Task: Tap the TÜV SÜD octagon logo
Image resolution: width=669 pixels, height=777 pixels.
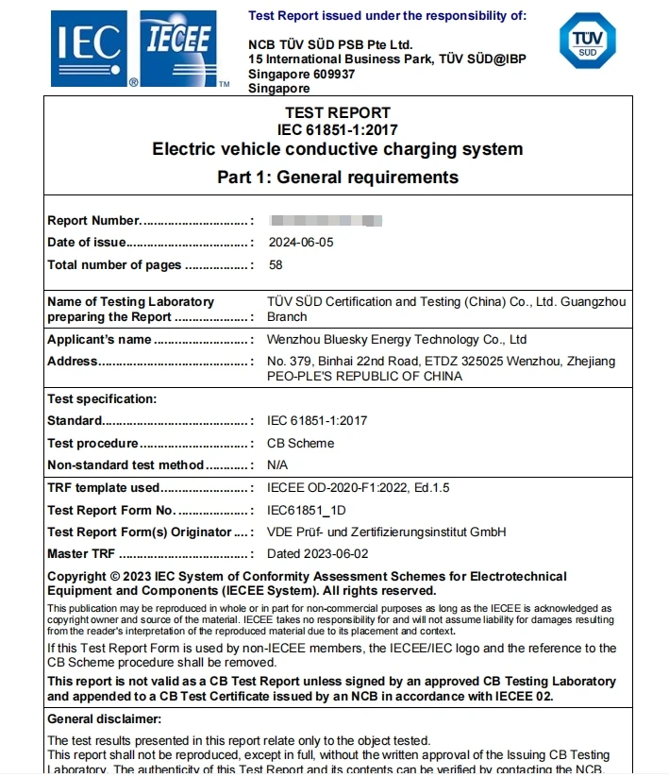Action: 587,42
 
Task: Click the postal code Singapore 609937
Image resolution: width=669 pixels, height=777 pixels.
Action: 301,74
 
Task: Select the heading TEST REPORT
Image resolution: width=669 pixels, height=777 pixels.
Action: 337,113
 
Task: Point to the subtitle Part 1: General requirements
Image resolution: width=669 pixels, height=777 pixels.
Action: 337,177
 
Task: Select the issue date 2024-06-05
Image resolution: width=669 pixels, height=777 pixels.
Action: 300,243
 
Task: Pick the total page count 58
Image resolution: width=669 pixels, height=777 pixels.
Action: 276,265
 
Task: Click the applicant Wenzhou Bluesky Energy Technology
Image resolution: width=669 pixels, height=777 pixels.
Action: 396,340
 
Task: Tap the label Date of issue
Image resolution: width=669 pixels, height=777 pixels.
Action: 87,243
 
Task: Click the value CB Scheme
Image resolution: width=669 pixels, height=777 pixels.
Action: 300,443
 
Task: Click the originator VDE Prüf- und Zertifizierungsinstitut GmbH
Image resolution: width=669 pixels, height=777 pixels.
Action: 387,532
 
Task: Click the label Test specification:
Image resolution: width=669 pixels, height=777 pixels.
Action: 102,399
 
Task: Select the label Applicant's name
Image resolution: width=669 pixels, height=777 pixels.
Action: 99,340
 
